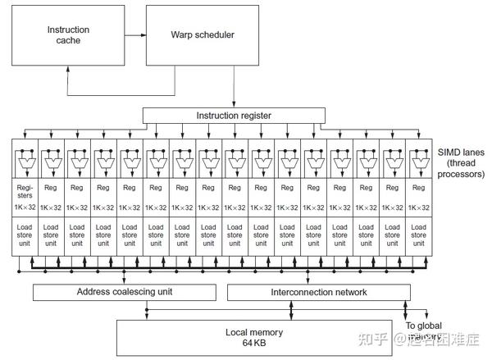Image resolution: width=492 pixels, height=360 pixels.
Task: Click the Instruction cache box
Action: click(67, 36)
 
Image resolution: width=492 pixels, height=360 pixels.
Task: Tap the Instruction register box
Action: click(233, 116)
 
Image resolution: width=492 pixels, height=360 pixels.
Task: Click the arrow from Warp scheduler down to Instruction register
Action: click(235, 87)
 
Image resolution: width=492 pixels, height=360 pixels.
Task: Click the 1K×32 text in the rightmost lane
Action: click(418, 208)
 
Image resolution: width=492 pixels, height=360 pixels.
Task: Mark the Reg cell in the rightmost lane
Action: click(418, 188)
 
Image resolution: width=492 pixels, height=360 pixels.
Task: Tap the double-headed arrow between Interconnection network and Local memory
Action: click(293, 310)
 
